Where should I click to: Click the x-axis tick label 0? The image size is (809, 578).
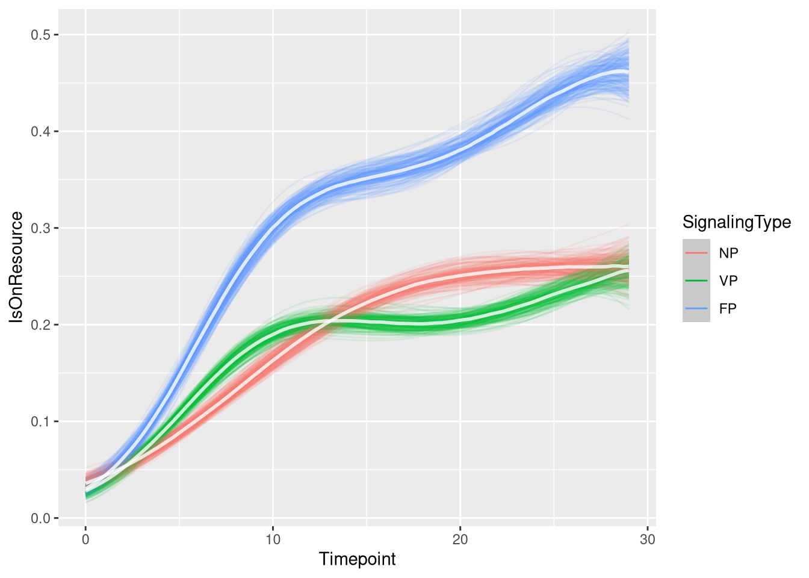click(85, 539)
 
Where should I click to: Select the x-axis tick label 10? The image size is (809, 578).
click(273, 539)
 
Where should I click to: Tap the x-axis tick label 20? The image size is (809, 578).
click(460, 539)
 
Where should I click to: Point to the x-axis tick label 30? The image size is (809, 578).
click(647, 539)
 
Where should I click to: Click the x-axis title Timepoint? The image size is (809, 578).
click(358, 559)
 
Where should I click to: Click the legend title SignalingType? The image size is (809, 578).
click(736, 222)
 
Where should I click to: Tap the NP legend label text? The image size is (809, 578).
click(728, 253)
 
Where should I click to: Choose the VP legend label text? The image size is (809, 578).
click(728, 281)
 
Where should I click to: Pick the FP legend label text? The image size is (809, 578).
click(728, 308)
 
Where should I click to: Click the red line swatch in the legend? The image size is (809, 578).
click(696, 253)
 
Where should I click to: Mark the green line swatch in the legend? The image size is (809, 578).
click(696, 281)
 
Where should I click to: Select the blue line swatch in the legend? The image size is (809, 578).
click(696, 308)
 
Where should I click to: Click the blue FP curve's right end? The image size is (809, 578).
click(628, 71)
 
